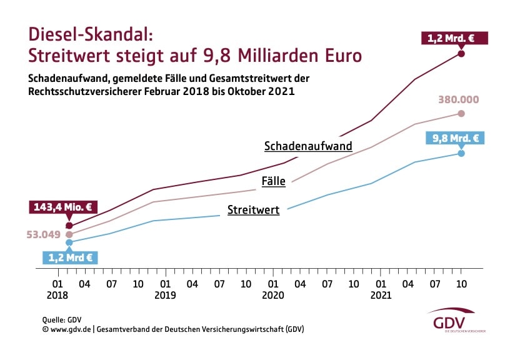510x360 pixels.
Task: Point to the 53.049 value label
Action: click(43, 235)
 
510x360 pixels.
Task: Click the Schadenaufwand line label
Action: click(308, 146)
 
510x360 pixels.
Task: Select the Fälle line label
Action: click(273, 182)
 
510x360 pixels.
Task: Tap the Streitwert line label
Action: click(253, 210)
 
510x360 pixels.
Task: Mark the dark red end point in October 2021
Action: click(461, 54)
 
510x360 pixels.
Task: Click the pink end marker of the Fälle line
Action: click(461, 113)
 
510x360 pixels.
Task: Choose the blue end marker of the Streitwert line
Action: click(461, 153)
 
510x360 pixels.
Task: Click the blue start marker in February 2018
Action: click(69, 242)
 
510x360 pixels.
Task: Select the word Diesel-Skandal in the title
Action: click(87, 34)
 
